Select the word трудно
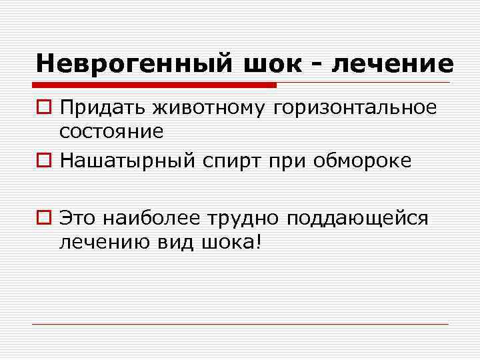(x=247, y=218)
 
